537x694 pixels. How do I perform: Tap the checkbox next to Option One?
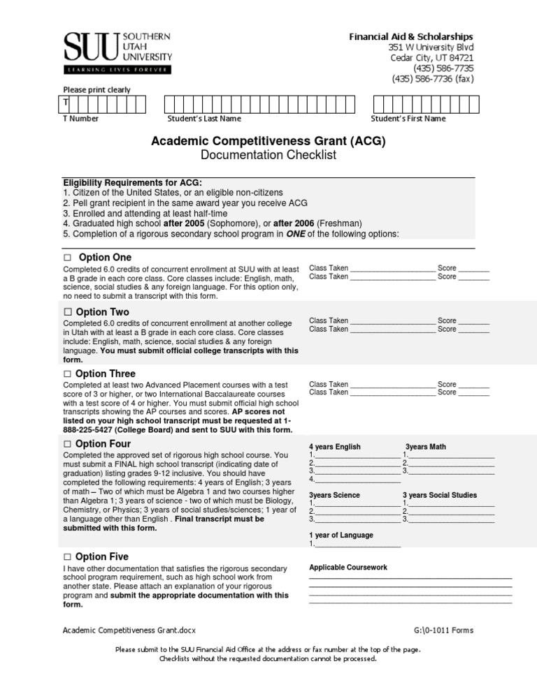coord(68,258)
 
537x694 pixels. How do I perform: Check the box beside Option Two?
coord(68,312)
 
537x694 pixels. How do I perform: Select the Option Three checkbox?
coord(68,375)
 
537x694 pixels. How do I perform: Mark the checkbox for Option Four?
coord(68,445)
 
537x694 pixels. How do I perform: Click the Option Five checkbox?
coord(68,557)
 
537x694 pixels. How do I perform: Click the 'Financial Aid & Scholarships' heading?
coord(411,36)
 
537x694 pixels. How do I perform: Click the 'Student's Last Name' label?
coord(198,119)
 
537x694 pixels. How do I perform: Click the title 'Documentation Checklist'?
coord(268,155)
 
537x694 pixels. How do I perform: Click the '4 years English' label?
coord(335,447)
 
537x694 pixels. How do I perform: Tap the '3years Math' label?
coord(426,447)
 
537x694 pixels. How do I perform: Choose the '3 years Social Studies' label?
coord(440,495)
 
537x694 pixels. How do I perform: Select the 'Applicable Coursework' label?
coord(348,568)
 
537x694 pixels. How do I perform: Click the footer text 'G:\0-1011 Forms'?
coord(443,630)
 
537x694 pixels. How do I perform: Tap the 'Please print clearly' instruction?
coord(96,89)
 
